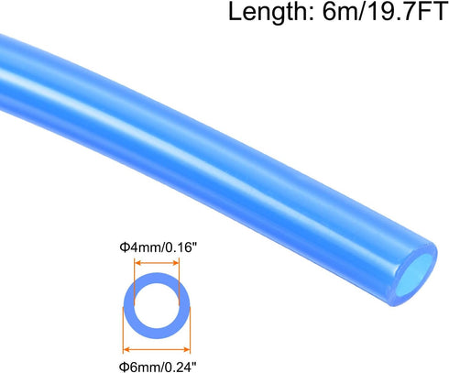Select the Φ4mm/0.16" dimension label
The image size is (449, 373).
pyautogui.click(x=156, y=247)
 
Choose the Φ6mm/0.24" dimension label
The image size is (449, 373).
pyautogui.click(x=156, y=365)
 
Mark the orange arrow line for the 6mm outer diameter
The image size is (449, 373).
pyautogui.click(x=158, y=349)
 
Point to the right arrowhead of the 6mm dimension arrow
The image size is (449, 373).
pyautogui.click(x=186, y=349)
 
